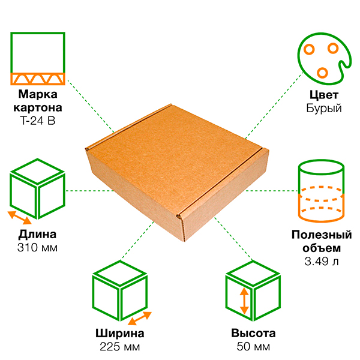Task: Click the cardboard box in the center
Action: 177,172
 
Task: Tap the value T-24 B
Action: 38,121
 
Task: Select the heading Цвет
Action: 324,95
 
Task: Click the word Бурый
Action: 324,108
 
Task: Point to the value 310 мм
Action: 37,248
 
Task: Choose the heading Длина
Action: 37,235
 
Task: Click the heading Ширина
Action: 120,334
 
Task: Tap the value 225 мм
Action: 120,347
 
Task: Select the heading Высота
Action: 253,334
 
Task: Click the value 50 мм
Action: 253,347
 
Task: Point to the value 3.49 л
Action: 322,262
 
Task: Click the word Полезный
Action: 322,235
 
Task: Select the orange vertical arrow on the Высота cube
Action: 244,301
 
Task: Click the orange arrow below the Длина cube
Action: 20,218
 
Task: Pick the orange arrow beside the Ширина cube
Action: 140,319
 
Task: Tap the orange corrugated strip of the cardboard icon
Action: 38,79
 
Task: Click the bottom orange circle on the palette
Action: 322,73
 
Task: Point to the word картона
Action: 38,108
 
